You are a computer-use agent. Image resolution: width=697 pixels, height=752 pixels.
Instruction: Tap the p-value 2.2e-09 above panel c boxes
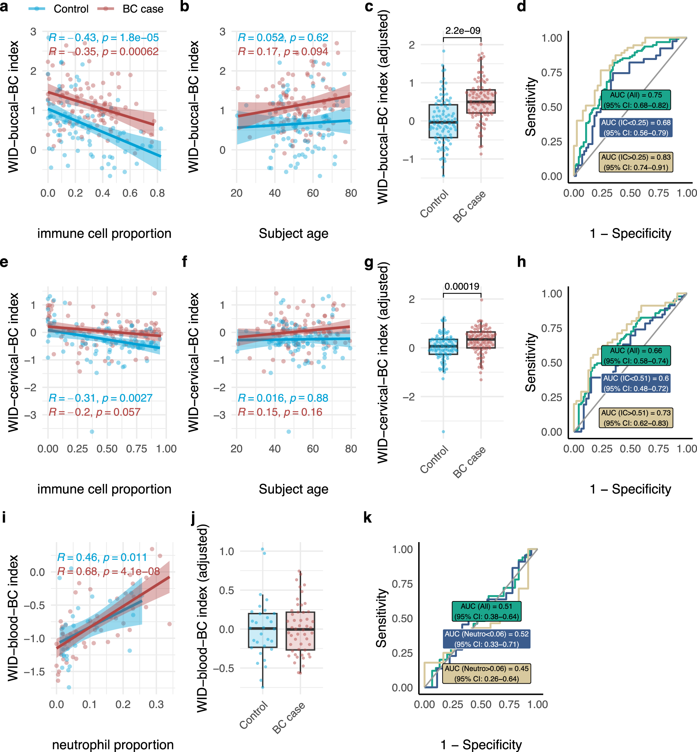pyautogui.click(x=462, y=31)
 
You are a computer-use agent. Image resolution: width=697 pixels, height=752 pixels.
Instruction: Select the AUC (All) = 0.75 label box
pyautogui.click(x=636, y=100)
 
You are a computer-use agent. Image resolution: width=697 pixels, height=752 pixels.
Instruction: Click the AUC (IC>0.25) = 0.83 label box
pyautogui.click(x=636, y=162)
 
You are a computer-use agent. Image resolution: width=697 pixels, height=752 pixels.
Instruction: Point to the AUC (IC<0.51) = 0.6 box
pyautogui.click(x=636, y=383)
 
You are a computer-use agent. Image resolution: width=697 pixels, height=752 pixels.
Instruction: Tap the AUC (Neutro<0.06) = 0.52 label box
pyautogui.click(x=487, y=639)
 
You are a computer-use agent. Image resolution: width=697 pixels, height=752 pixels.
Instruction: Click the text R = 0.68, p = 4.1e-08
pyautogui.click(x=109, y=571)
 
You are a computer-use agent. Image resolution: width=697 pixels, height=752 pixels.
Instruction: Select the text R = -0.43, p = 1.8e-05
pyautogui.click(x=104, y=38)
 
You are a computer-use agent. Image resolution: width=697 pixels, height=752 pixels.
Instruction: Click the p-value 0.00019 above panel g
pyautogui.click(x=462, y=286)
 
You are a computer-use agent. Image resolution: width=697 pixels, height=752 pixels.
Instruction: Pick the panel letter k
pyautogui.click(x=367, y=518)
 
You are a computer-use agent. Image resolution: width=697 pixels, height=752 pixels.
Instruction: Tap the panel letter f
pyautogui.click(x=184, y=261)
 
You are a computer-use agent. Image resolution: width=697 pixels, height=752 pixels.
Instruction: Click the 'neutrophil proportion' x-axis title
pyautogui.click(x=113, y=744)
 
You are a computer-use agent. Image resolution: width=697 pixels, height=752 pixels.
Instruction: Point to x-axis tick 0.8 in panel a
pyautogui.click(x=157, y=193)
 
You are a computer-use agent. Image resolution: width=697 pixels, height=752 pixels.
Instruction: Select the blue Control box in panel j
pyautogui.click(x=262, y=630)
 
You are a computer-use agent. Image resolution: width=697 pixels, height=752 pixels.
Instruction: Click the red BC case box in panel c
pyautogui.click(x=481, y=101)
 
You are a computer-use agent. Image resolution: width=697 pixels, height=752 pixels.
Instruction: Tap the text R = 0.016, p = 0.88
pyautogui.click(x=283, y=398)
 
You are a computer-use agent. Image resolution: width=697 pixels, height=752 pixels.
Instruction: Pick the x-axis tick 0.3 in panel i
pyautogui.click(x=156, y=705)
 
